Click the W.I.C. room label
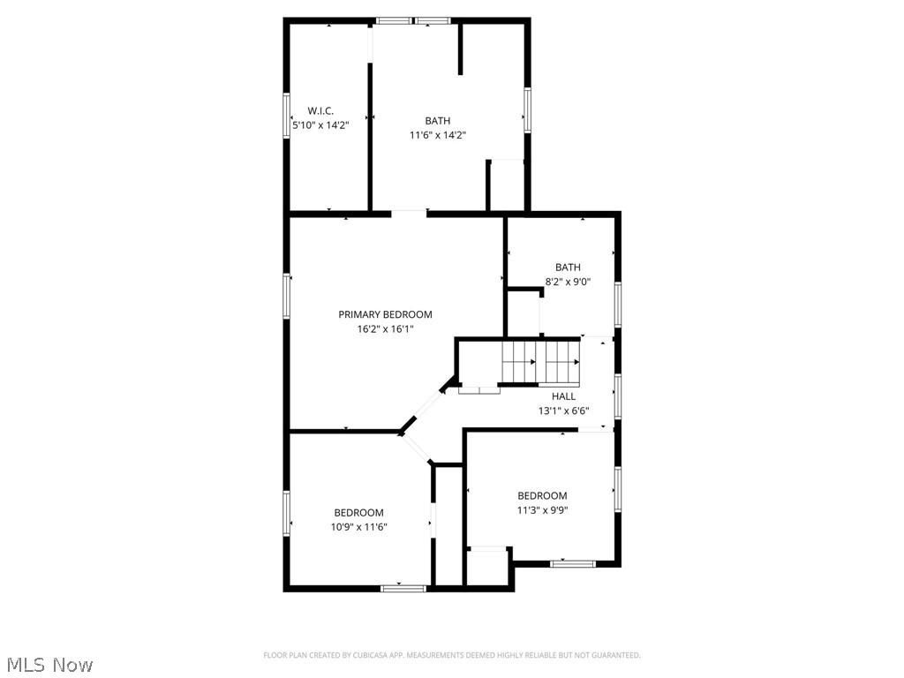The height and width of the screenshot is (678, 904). coord(320,110)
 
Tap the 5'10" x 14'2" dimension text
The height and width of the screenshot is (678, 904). coord(320,125)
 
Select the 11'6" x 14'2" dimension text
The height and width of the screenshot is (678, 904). coord(437,135)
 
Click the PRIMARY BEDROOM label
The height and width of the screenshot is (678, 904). coord(385,314)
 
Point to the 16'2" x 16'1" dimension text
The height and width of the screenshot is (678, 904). coord(385,328)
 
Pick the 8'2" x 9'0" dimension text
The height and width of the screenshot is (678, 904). coord(568,282)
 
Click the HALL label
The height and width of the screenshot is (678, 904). coord(563,396)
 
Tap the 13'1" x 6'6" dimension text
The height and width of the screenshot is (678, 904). coord(563,411)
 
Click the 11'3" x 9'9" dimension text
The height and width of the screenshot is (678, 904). coord(542,509)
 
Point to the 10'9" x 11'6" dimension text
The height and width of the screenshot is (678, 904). coord(358,527)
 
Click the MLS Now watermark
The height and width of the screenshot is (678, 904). coord(49,664)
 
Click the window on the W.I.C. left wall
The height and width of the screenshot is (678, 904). coord(286,114)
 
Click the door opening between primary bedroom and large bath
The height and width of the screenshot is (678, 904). coord(409,212)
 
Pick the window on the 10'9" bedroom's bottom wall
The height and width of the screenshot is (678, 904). coord(403,588)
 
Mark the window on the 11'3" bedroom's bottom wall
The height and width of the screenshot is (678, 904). coord(571,563)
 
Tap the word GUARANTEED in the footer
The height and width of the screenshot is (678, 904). coord(616,655)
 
